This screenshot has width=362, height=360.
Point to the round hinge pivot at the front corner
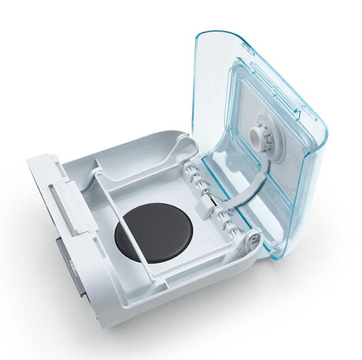253,237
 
